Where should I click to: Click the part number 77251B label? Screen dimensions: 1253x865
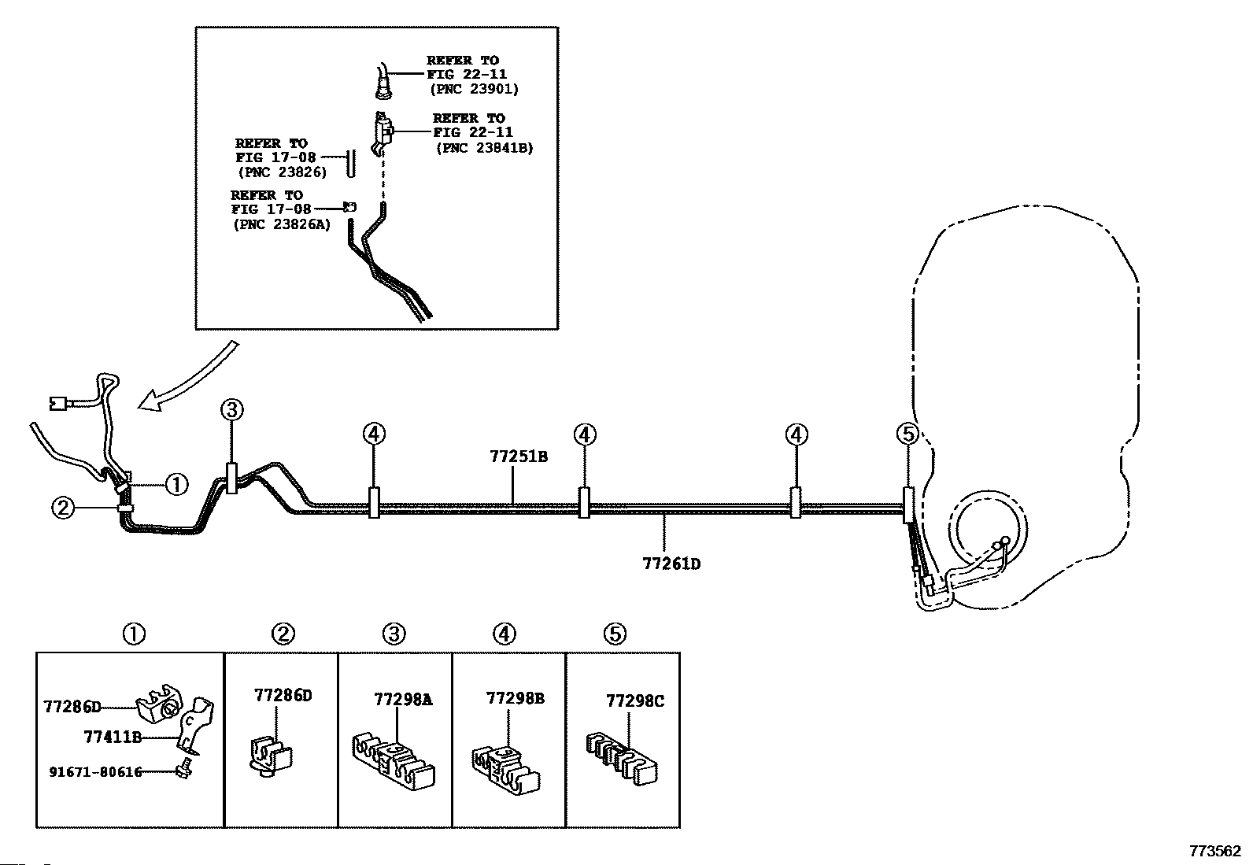pyautogui.click(x=519, y=457)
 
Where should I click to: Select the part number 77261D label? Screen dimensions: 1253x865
pyautogui.click(x=671, y=564)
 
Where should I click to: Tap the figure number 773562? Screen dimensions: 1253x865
pyautogui.click(x=1215, y=851)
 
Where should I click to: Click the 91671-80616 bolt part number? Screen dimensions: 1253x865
pyautogui.click(x=95, y=772)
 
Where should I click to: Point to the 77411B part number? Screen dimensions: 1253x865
pyautogui.click(x=113, y=737)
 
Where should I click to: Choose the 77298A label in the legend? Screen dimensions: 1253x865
pyautogui.click(x=403, y=700)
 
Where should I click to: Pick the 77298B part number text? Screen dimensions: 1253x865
pyautogui.click(x=515, y=698)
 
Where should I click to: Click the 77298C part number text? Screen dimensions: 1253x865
pyautogui.click(x=635, y=701)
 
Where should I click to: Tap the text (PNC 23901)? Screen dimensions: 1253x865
pyautogui.click(x=475, y=89)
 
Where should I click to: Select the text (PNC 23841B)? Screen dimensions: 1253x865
pyautogui.click(x=484, y=148)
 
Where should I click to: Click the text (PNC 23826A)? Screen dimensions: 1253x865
pyautogui.click(x=282, y=224)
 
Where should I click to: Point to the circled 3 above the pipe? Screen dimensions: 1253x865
pyautogui.click(x=232, y=410)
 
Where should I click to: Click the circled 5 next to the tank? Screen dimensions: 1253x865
pyautogui.click(x=907, y=434)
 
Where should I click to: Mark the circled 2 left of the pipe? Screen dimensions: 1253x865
pyautogui.click(x=63, y=508)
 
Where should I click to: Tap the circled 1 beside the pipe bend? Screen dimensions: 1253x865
pyautogui.click(x=177, y=484)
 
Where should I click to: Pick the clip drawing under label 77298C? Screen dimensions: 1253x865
pyautogui.click(x=622, y=760)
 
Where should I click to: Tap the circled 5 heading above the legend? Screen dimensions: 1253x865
pyautogui.click(x=615, y=634)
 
